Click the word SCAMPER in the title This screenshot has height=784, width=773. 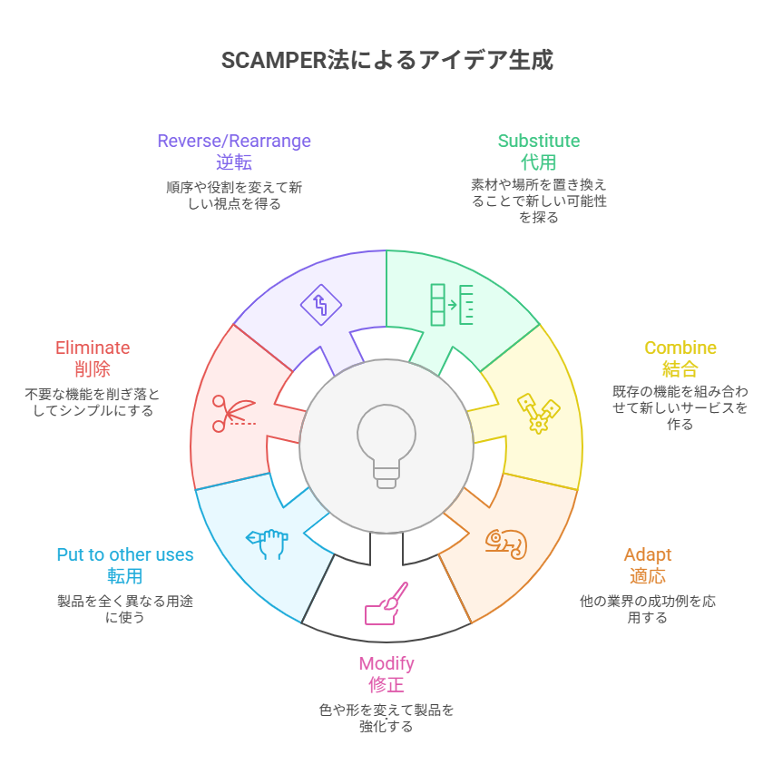click(x=269, y=60)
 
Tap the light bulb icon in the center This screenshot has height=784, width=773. click(x=386, y=446)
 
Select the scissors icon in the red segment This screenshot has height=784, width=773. click(x=232, y=412)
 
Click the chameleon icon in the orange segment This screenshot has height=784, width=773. click(x=505, y=544)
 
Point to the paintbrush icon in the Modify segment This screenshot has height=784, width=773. click(x=386, y=603)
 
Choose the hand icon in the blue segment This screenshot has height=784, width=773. click(x=268, y=541)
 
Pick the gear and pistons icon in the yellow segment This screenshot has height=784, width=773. click(x=538, y=412)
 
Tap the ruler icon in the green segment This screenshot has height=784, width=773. click(x=452, y=304)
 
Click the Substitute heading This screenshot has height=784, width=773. click(x=539, y=141)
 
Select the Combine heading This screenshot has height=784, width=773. click(x=680, y=348)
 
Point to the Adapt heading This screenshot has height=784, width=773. click(x=647, y=554)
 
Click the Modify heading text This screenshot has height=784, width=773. click(x=386, y=663)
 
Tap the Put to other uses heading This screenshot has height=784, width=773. click(x=125, y=554)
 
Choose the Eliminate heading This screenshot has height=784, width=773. click(x=93, y=348)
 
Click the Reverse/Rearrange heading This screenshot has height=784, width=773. click(x=234, y=141)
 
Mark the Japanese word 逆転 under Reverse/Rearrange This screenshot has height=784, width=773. click(x=234, y=162)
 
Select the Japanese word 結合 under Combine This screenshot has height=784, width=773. click(x=680, y=369)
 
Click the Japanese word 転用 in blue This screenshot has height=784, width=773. click(x=125, y=576)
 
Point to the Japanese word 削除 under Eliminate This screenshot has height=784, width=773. click(x=93, y=369)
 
